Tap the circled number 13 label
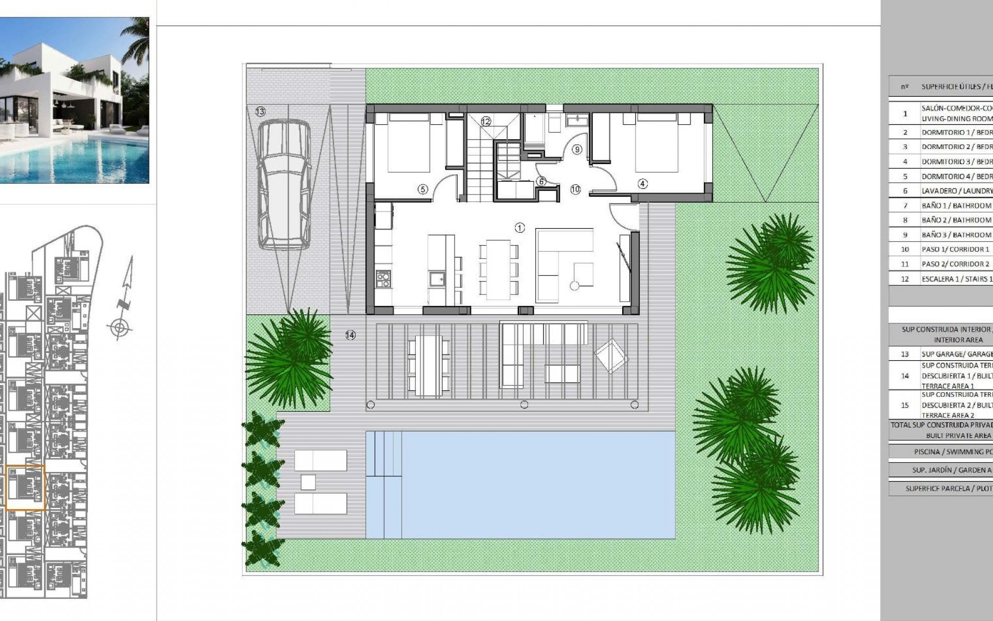point(260,111)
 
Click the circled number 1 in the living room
point(520,228)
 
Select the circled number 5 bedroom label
point(423,189)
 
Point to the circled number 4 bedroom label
point(642,184)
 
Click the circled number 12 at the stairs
point(486,122)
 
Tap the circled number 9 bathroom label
point(577,150)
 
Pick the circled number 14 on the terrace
point(351,335)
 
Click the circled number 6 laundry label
point(541,182)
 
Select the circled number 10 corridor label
point(576,189)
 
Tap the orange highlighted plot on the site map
point(25,487)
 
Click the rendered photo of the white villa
point(74,100)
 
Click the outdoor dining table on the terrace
point(425,365)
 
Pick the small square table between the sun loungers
point(308,482)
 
